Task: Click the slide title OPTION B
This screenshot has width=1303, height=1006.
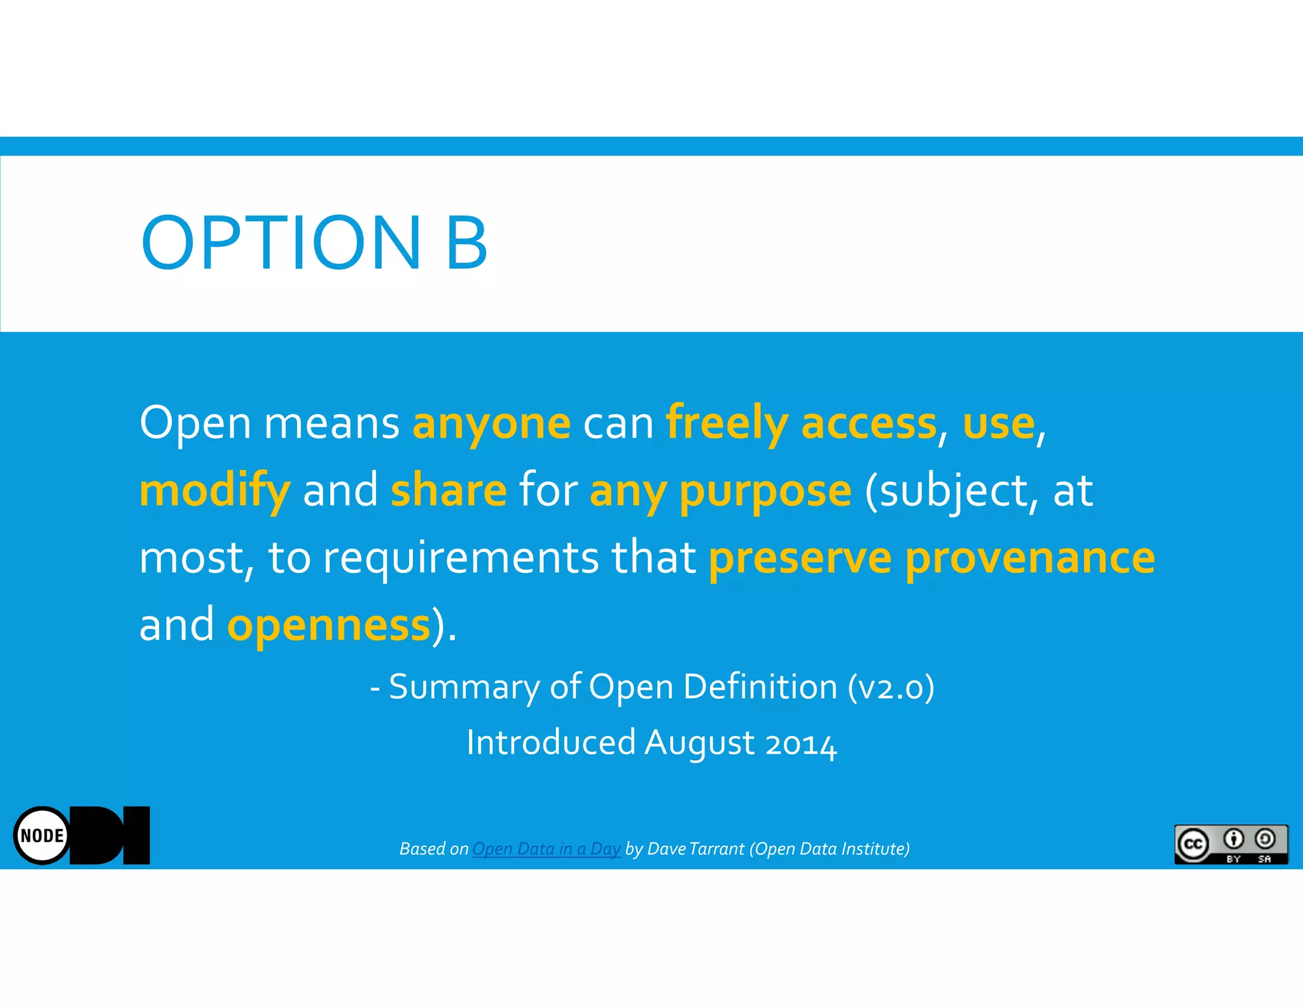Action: pyautogui.click(x=314, y=243)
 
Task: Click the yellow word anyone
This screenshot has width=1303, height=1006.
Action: pyautogui.click(x=491, y=424)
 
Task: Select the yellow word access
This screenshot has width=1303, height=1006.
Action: pyautogui.click(x=868, y=424)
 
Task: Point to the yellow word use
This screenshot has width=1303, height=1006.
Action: pyautogui.click(x=998, y=424)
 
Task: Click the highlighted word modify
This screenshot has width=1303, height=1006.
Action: pyautogui.click(x=214, y=491)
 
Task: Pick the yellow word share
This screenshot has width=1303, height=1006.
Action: pyautogui.click(x=449, y=491)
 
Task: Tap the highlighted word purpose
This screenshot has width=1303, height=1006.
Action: pyautogui.click(x=765, y=491)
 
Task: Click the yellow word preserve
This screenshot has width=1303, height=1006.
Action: pyautogui.click(x=800, y=558)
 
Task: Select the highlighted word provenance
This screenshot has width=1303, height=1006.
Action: pyautogui.click(x=1029, y=558)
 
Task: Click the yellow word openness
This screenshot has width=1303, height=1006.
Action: pyautogui.click(x=329, y=625)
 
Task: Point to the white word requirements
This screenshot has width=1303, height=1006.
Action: pyautogui.click(x=461, y=558)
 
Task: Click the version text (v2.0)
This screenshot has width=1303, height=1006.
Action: pyautogui.click(x=891, y=687)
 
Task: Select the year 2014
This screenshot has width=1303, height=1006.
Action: pyautogui.click(x=800, y=743)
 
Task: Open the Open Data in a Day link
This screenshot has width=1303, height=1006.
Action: pyautogui.click(x=546, y=849)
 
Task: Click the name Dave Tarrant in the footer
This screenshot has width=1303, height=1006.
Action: pyautogui.click(x=695, y=849)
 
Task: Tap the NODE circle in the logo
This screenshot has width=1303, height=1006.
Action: pyautogui.click(x=42, y=836)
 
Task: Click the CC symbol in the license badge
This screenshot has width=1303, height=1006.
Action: pyautogui.click(x=1193, y=844)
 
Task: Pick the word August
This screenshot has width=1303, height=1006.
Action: pyautogui.click(x=699, y=743)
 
